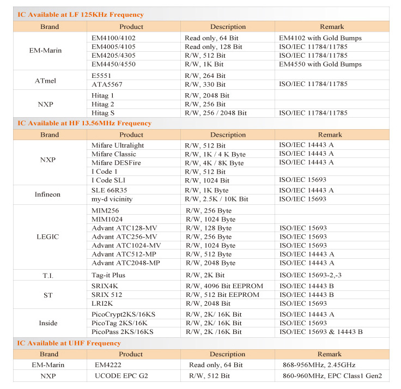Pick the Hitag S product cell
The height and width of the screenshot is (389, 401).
tap(105, 113)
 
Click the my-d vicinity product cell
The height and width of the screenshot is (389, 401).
tap(112, 199)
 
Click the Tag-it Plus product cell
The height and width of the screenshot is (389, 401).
tap(109, 276)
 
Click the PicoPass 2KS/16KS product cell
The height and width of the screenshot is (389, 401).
tap(123, 331)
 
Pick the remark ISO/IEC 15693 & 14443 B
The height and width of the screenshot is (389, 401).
tap(321, 331)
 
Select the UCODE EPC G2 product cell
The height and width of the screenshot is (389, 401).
tap(121, 376)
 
